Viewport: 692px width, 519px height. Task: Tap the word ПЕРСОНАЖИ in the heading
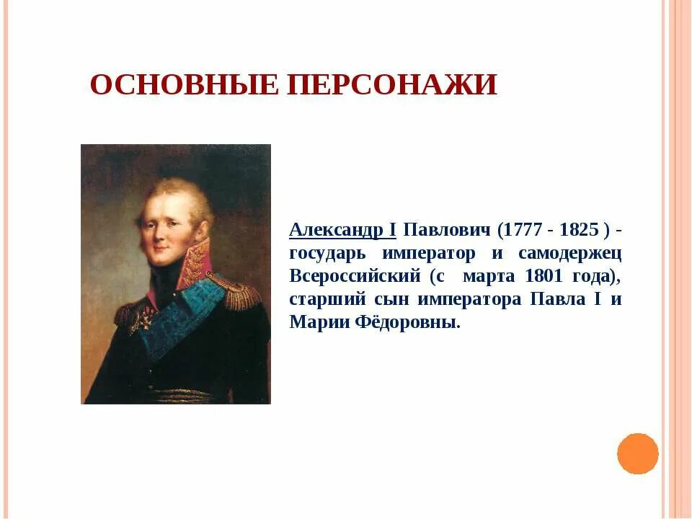pos(391,85)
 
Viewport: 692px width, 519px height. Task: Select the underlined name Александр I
pos(342,231)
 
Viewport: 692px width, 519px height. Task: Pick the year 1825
pos(578,231)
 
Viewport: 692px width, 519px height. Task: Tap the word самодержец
pos(569,254)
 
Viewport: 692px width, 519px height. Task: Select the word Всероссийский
pos(355,277)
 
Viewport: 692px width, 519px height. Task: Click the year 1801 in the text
pos(544,277)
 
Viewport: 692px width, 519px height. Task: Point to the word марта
pos(489,277)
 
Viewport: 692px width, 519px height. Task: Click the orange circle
pos(638,453)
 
